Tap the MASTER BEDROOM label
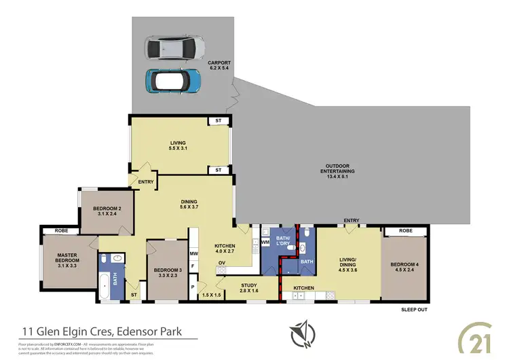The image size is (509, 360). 68,259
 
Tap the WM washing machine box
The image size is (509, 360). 265,241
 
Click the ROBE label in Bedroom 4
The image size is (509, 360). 406,232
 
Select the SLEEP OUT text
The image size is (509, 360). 413,310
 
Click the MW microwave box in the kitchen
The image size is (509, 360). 194,254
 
